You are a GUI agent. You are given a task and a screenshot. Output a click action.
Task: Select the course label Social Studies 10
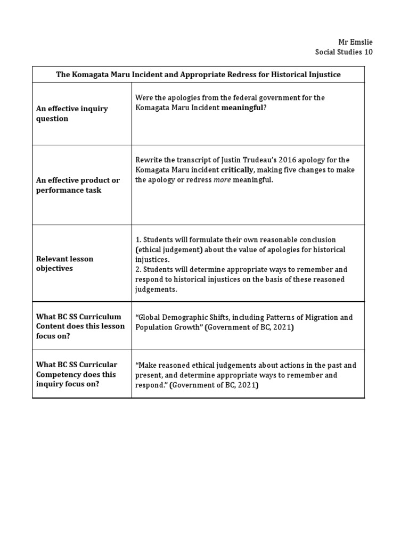(x=344, y=52)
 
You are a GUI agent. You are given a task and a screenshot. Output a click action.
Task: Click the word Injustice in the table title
(x=323, y=75)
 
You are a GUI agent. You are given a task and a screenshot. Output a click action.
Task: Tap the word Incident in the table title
(x=157, y=75)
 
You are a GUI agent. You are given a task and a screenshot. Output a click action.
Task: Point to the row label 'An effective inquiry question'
(x=71, y=113)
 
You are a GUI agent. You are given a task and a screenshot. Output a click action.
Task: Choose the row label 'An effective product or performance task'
(x=78, y=185)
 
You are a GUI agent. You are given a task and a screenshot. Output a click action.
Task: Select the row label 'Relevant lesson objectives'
(x=64, y=263)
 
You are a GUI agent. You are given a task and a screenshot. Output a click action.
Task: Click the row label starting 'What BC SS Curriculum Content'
(x=80, y=326)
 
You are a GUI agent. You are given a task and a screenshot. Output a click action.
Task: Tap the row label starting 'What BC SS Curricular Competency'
(x=77, y=374)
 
